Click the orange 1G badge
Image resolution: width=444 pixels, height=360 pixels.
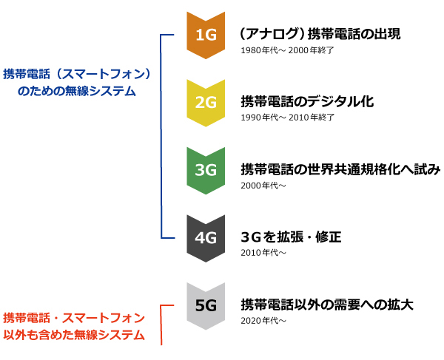tap(205, 34)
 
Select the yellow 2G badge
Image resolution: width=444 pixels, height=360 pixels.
tap(205, 102)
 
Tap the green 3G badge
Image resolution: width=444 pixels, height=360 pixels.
tap(205, 169)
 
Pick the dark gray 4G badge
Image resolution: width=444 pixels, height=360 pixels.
tap(205, 237)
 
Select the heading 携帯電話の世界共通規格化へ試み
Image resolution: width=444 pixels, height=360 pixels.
tap(340, 170)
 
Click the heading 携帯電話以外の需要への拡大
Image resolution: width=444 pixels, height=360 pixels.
tap(326, 305)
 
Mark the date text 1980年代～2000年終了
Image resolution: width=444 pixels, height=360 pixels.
tap(288, 50)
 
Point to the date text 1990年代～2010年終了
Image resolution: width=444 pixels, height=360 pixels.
tap(288, 118)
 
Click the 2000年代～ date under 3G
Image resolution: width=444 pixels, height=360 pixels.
tap(263, 185)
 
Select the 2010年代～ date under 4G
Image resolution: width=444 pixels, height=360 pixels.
tap(263, 253)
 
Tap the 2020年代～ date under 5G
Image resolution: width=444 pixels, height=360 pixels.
tap(263, 321)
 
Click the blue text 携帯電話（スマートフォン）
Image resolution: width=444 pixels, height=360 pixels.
tap(77, 74)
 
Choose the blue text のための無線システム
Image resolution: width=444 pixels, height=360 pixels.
tap(76, 91)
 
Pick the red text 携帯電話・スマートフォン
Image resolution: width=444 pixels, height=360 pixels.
tap(73, 319)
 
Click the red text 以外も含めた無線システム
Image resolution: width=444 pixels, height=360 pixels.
tap(73, 335)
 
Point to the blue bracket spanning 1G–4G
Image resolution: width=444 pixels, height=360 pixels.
tap(161, 136)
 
